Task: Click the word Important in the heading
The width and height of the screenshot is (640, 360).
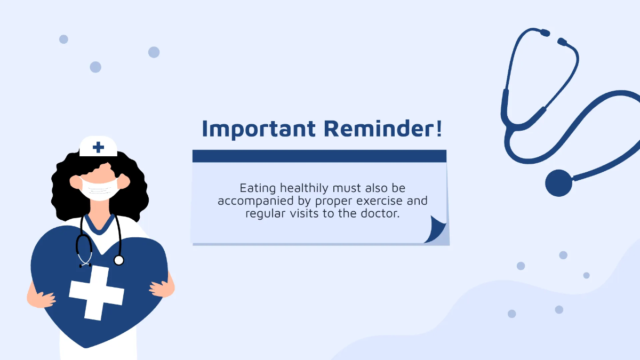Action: point(259,129)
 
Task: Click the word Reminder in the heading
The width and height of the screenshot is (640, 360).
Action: point(377,129)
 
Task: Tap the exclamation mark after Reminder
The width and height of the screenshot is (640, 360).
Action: point(439,129)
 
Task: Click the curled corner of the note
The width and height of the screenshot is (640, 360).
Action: point(437,231)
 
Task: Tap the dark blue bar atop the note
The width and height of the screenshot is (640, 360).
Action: point(319,156)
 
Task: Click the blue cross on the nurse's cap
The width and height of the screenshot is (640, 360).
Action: point(98,147)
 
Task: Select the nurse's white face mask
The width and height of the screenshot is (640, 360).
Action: point(100,189)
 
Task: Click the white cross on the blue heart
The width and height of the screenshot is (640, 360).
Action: point(97,292)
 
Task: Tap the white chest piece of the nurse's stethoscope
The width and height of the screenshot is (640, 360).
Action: point(118,260)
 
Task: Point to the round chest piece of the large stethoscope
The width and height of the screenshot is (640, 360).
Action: point(558,183)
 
